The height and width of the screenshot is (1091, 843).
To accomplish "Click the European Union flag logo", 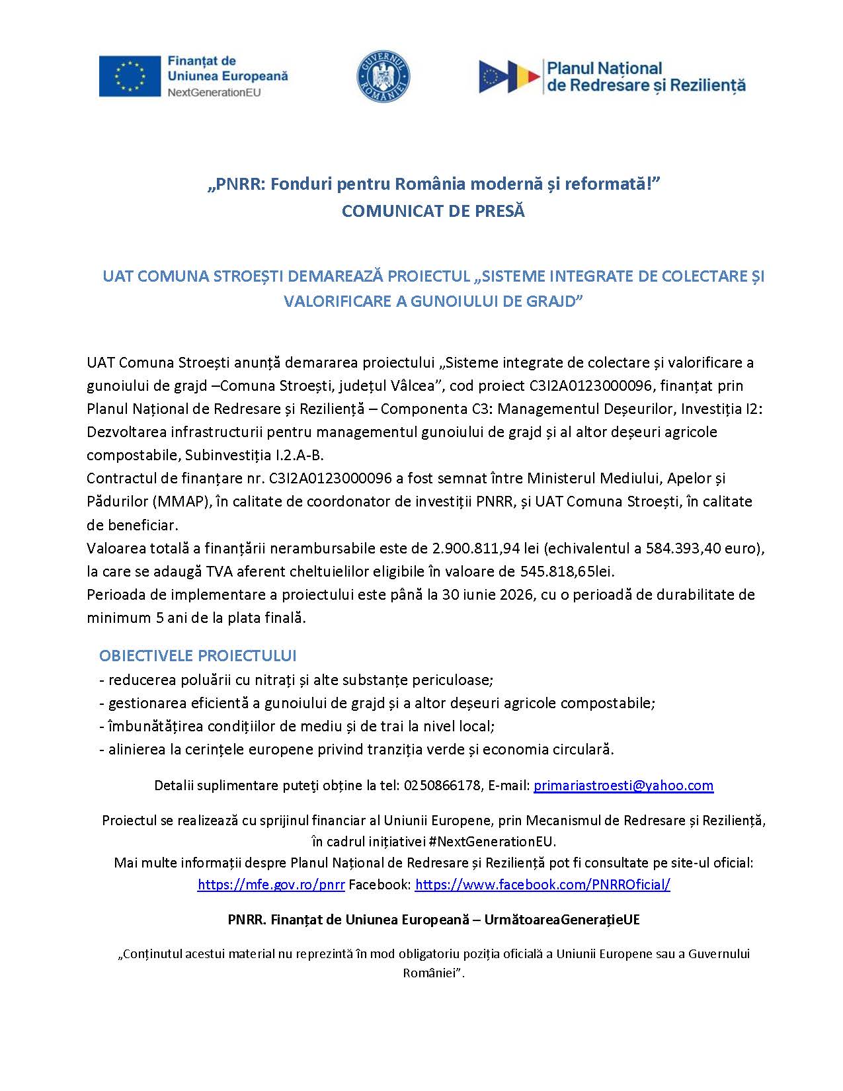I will [130, 76].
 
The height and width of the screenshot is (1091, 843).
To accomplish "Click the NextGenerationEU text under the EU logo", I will [214, 93].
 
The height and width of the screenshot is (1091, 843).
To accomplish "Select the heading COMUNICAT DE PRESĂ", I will [433, 212].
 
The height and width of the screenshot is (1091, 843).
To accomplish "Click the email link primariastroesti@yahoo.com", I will [623, 786].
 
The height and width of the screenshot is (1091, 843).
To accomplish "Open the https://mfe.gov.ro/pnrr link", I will [271, 885].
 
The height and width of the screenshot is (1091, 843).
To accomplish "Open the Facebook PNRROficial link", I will [542, 885].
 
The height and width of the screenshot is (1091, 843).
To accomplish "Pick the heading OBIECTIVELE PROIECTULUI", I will [198, 656].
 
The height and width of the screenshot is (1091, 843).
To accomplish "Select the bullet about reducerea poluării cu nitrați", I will [296, 680].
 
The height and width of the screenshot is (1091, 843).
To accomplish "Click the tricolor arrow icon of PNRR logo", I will [509, 76].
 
